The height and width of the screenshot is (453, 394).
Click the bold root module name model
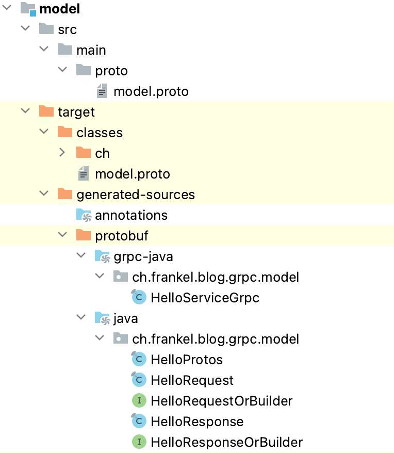point(59,9)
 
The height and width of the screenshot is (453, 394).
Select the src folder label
point(67,29)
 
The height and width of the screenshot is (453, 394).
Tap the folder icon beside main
point(64,50)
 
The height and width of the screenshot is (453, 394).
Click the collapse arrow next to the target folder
point(24,111)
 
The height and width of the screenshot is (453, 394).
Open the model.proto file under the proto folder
point(151,91)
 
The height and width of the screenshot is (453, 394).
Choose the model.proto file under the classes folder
point(132,174)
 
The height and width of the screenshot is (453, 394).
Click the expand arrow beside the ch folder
point(62,153)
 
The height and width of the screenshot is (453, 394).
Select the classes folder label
point(99,133)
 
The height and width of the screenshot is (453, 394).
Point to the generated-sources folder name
point(135,195)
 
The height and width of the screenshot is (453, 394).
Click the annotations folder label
point(131,215)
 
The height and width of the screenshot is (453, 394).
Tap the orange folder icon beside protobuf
point(83,235)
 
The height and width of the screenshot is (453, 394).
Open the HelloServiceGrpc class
point(205,298)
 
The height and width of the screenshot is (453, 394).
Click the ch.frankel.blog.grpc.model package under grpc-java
point(216,277)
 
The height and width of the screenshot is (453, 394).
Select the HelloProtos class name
point(186,360)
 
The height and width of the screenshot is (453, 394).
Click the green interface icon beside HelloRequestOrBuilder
point(139,401)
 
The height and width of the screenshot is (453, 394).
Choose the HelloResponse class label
point(196,422)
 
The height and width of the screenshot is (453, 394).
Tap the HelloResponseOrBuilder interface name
point(226,442)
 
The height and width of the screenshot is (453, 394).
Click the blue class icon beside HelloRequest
point(139,380)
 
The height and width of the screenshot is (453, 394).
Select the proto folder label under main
point(111,71)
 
